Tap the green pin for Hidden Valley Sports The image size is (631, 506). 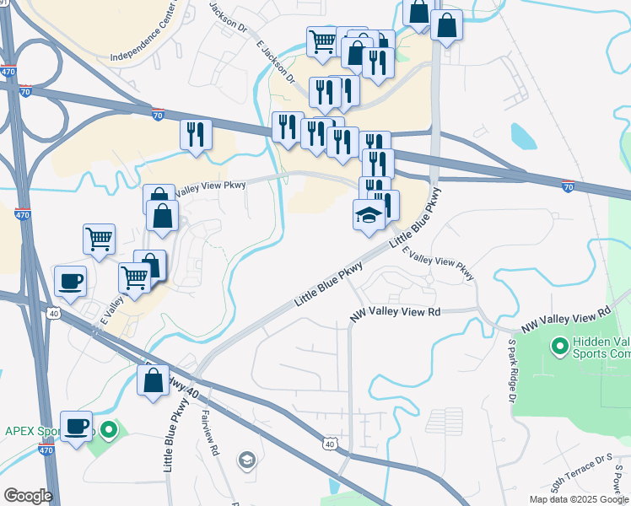[558, 346]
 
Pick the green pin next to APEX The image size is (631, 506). [108, 431]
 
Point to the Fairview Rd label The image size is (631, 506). [210, 433]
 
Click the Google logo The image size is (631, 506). [28, 495]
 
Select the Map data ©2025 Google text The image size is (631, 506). [578, 499]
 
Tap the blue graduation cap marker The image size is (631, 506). [368, 216]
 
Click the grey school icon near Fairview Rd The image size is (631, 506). [246, 460]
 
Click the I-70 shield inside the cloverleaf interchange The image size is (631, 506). [26, 91]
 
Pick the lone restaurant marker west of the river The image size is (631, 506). [196, 133]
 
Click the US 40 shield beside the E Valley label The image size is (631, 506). [53, 314]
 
